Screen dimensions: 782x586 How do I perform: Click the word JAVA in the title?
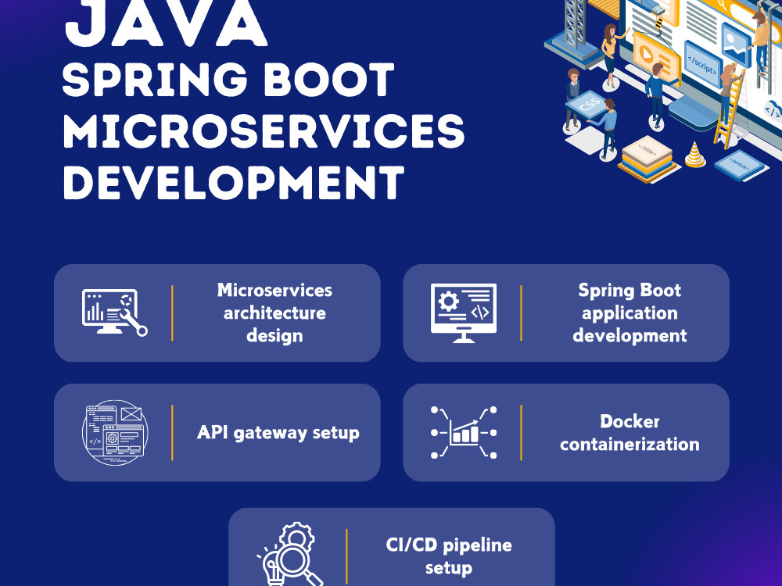(166, 23)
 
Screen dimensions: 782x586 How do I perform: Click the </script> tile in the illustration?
(701, 58)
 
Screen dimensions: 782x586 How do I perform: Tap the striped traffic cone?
(694, 154)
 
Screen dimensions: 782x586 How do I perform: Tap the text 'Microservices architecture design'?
(274, 313)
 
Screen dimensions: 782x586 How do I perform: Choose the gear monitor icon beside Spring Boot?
(463, 313)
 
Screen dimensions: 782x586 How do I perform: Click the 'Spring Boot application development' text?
(630, 313)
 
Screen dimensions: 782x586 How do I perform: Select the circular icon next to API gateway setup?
(115, 433)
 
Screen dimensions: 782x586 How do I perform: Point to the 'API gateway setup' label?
(278, 432)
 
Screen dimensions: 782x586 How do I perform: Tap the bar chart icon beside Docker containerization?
(464, 432)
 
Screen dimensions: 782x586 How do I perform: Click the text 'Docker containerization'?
(630, 433)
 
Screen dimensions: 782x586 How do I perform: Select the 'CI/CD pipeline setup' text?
(450, 556)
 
